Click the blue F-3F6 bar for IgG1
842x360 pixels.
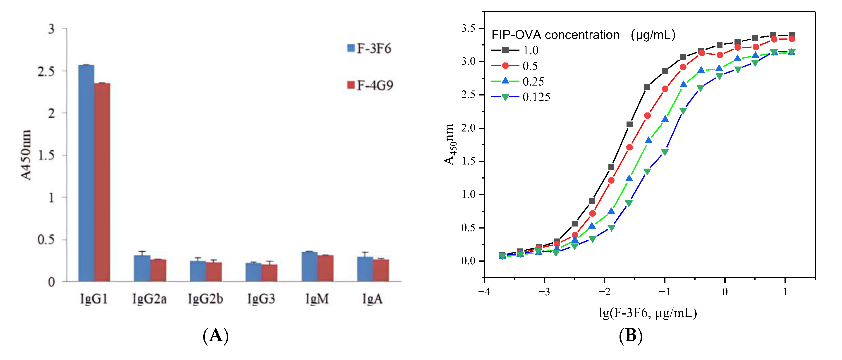click(x=86, y=173)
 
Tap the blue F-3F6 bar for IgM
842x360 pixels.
click(x=309, y=266)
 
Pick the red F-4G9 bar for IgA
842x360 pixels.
click(x=381, y=270)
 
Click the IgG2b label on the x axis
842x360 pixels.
click(x=205, y=299)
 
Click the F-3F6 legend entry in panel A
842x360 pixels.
click(x=369, y=49)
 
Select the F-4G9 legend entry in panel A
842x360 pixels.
click(x=370, y=86)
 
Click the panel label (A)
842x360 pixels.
click(x=215, y=336)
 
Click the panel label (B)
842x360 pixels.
click(x=631, y=336)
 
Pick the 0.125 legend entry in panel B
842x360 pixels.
click(x=521, y=97)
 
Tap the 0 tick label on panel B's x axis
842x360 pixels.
click(x=725, y=291)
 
